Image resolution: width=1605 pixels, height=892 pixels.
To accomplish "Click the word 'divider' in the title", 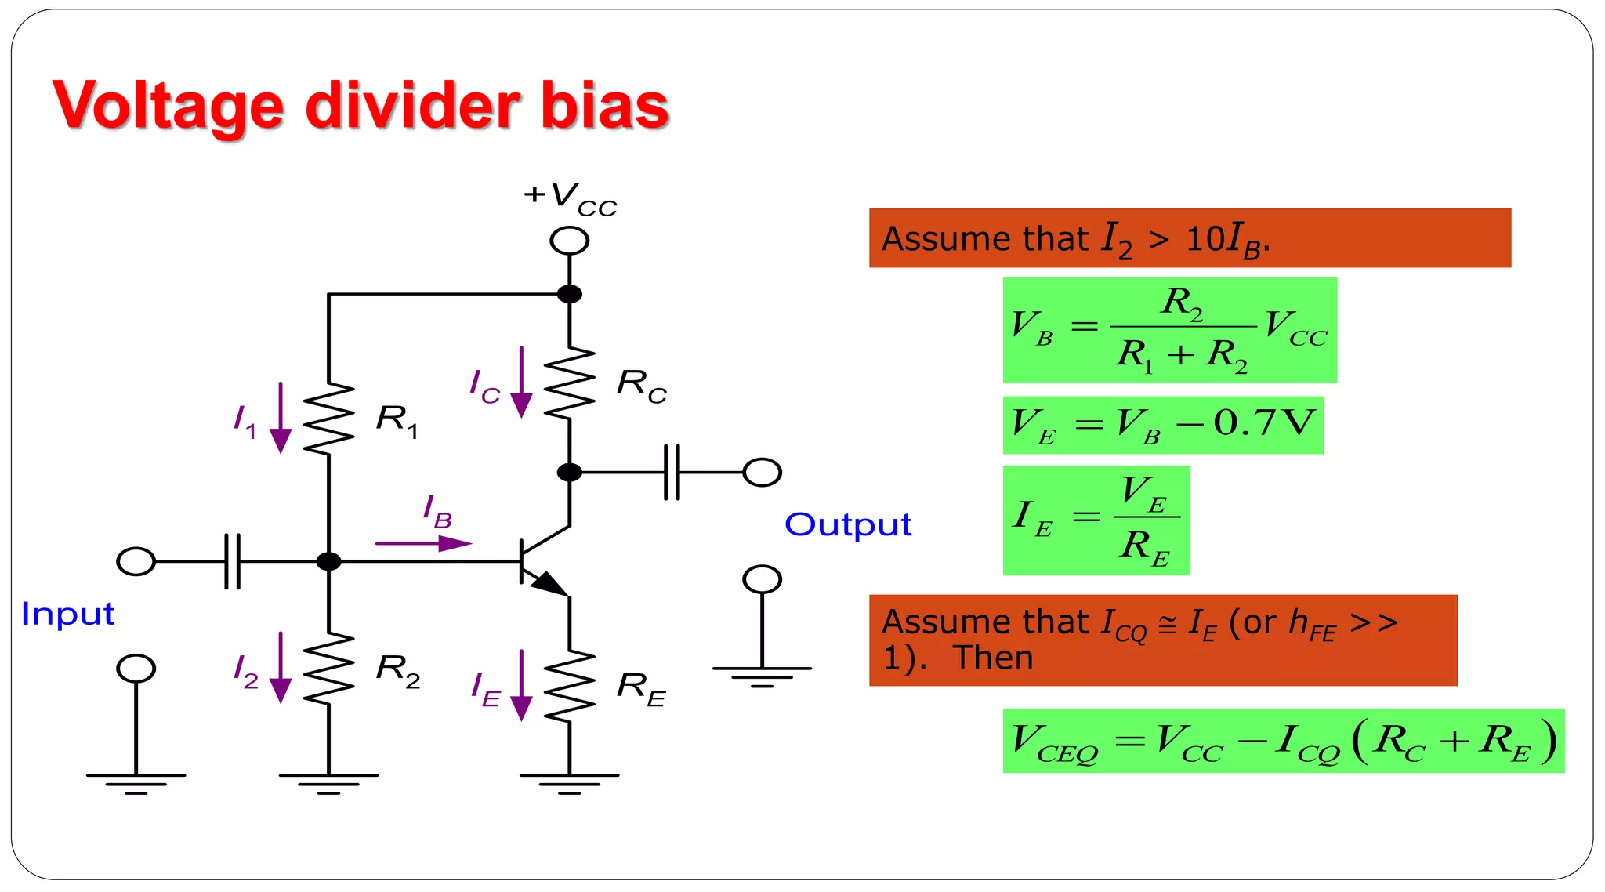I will pos(415,105).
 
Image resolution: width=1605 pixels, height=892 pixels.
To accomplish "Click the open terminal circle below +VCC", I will pos(570,241).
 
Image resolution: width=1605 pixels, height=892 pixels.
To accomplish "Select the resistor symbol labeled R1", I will pos(329,419).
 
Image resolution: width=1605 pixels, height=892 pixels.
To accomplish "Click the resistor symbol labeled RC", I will pos(570,383).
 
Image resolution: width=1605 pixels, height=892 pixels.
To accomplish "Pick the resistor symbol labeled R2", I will pos(329,668).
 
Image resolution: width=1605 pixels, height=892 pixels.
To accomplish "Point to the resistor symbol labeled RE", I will pos(570,686).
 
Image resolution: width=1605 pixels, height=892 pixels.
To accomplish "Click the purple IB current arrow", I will pos(423,542).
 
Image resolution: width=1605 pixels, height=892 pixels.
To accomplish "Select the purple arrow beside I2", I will pos(281,668).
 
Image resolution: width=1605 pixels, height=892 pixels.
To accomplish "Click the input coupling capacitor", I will pos(233,561).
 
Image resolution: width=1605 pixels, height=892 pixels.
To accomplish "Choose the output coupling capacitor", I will pos(672,472).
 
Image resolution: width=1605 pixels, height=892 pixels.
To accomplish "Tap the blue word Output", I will pos(848,524).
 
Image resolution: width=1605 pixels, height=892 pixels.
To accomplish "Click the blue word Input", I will pos(68,614).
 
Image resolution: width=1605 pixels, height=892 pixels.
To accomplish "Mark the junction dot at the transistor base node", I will pos(328,561).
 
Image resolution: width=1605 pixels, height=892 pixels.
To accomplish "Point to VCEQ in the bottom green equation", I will pos(1055,742).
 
